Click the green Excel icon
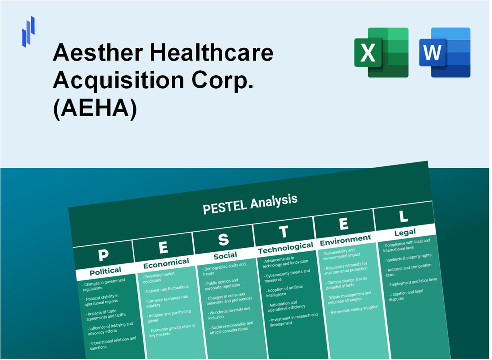(x=381, y=52)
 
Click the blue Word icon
(x=445, y=52)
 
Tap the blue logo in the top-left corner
(x=28, y=31)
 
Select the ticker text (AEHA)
(x=95, y=110)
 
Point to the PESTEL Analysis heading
(x=250, y=204)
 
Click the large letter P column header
(x=103, y=255)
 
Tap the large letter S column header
(x=223, y=240)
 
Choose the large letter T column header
(x=283, y=232)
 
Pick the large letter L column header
(x=403, y=216)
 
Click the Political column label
(x=105, y=271)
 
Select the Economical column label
(x=166, y=263)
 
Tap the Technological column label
(x=285, y=247)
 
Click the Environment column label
(x=345, y=240)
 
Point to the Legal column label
(x=405, y=232)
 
